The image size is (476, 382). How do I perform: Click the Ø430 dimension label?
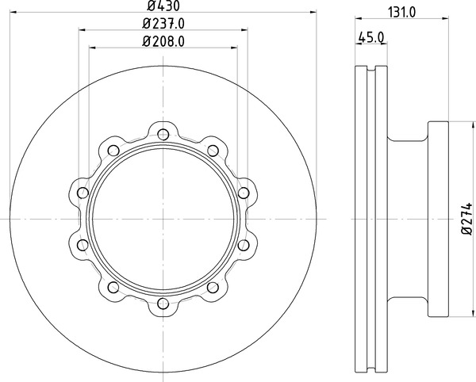tap(163, 6)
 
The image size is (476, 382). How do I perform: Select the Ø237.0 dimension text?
tap(163, 24)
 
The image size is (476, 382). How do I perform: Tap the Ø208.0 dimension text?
tap(163, 41)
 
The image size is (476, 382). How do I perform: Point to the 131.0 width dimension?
tap(401, 13)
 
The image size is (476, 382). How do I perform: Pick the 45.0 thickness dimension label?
tap(371, 37)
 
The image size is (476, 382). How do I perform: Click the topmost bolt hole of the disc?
tap(163, 134)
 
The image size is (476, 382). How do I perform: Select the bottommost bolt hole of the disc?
tap(163, 304)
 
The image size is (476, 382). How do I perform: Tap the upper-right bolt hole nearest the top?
tap(213, 151)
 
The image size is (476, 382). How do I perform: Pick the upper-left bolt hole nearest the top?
tap(113, 151)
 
